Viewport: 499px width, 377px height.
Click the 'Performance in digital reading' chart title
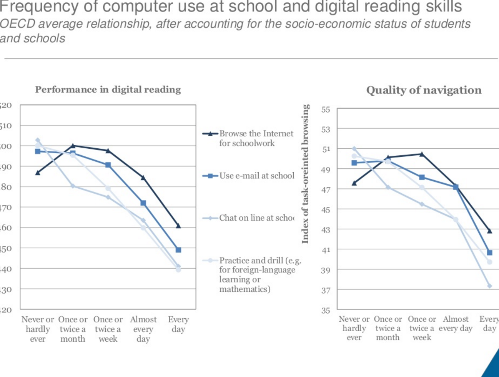108,90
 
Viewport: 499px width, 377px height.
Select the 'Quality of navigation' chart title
424,90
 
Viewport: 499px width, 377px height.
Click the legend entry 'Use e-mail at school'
256,176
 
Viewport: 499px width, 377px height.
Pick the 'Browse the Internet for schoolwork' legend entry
256,138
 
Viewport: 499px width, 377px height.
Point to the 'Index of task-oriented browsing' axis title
305,174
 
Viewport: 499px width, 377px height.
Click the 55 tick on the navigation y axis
326,110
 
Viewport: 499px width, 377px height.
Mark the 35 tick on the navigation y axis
326,310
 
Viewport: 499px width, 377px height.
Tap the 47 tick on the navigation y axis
326,190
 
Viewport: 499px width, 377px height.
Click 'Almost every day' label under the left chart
143,329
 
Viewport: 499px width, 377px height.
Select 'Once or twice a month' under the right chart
388,328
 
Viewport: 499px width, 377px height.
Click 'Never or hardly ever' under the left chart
38,329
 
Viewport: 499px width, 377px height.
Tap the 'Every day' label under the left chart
178,324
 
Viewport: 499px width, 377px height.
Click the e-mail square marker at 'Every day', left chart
178,250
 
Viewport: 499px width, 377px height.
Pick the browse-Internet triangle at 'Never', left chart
38,173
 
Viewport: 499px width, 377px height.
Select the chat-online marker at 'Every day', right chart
489,286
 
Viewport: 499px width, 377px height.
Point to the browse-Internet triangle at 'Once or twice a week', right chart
422,154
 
